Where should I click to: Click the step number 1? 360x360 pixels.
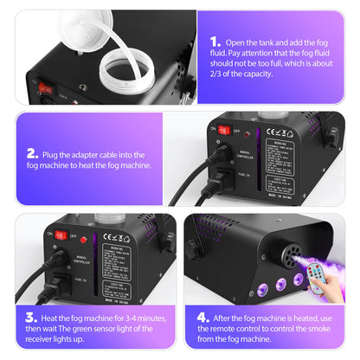(215, 40)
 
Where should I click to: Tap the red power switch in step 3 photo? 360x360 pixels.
(61, 234)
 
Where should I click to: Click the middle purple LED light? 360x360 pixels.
(279, 280)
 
